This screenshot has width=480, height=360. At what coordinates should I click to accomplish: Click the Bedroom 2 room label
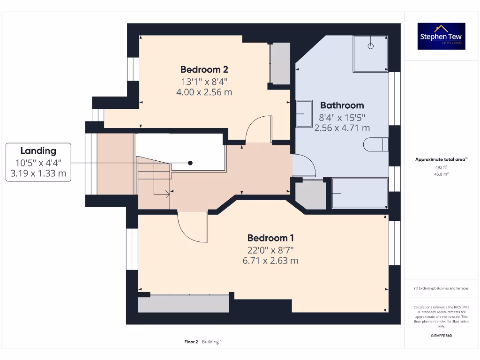coord(204,69)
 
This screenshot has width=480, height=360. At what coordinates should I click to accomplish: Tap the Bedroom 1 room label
coord(270,238)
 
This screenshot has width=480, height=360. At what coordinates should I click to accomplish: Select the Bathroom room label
coord(342,105)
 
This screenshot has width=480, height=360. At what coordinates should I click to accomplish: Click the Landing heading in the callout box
coord(38,150)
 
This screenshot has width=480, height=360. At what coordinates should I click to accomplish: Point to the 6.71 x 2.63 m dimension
coord(270,261)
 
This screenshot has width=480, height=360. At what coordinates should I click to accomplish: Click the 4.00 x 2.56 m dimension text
coord(204,92)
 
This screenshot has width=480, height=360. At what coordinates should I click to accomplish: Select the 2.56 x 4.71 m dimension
coord(342,127)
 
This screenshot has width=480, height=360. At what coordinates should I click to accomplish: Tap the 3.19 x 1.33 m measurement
coord(38,173)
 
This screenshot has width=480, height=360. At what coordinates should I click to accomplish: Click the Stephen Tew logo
coord(442,36)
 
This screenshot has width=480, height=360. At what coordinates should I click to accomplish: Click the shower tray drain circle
coord(370,46)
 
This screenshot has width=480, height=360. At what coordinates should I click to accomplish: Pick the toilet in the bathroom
coord(379,144)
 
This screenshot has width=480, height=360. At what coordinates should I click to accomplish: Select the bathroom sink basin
coord(304,113)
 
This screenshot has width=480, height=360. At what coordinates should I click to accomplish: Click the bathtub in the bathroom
coord(360,193)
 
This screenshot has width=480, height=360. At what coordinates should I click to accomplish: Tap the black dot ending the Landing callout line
coord(190,163)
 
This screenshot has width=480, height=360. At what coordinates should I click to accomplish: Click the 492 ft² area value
coord(441,167)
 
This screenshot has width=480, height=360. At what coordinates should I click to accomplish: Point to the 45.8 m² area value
coord(441,174)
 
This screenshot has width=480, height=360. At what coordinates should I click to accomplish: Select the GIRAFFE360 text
coord(441,336)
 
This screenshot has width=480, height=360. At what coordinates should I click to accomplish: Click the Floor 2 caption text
coord(192,342)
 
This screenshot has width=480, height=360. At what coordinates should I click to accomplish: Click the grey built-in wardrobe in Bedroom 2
coord(280,63)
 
